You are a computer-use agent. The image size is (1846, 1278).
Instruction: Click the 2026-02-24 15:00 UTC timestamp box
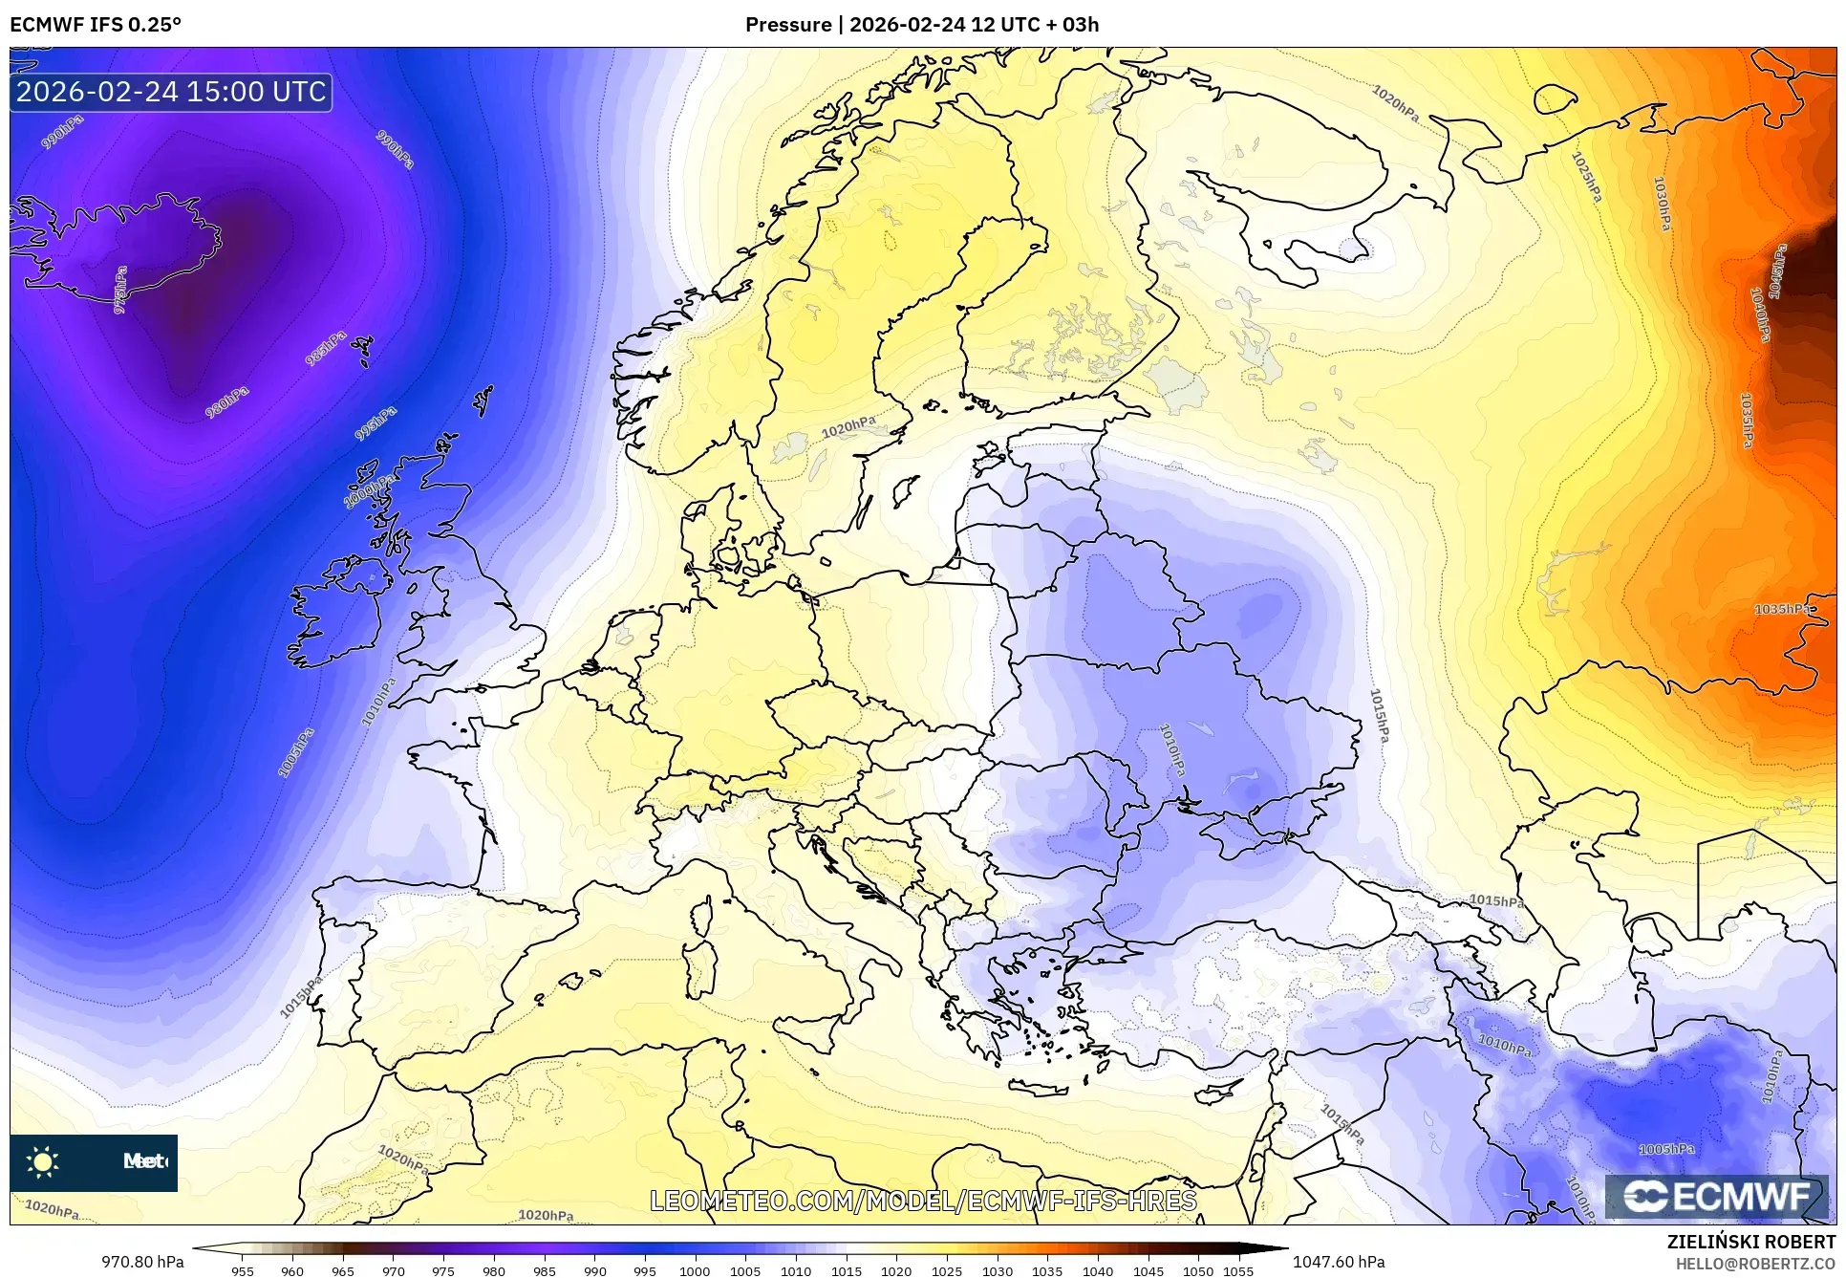point(171,92)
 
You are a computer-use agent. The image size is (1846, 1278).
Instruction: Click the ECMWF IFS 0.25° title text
point(95,25)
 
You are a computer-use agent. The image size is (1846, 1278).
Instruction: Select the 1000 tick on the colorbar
point(695,1270)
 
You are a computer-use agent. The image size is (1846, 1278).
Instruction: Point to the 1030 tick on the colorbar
point(997,1270)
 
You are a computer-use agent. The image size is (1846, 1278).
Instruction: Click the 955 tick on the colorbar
point(243,1270)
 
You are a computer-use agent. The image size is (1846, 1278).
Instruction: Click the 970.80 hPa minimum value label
point(142,1262)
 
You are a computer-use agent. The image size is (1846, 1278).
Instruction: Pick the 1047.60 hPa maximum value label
point(1338,1262)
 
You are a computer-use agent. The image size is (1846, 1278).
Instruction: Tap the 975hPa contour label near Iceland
point(120,290)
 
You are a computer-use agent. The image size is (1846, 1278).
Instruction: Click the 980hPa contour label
point(227,402)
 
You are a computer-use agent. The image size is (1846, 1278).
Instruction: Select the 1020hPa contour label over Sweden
point(848,427)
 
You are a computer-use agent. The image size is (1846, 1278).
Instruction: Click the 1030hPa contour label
point(1663,204)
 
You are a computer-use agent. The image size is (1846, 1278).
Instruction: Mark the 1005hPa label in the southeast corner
point(1666,1149)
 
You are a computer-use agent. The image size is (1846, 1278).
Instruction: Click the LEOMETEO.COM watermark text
point(923,1201)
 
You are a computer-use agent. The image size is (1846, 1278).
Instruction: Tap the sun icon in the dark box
point(43,1162)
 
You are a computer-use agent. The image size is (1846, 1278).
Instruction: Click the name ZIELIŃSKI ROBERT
point(1750,1242)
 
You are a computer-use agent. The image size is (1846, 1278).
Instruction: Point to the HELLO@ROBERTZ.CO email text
point(1755,1264)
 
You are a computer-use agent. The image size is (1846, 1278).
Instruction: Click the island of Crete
point(1049,1087)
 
